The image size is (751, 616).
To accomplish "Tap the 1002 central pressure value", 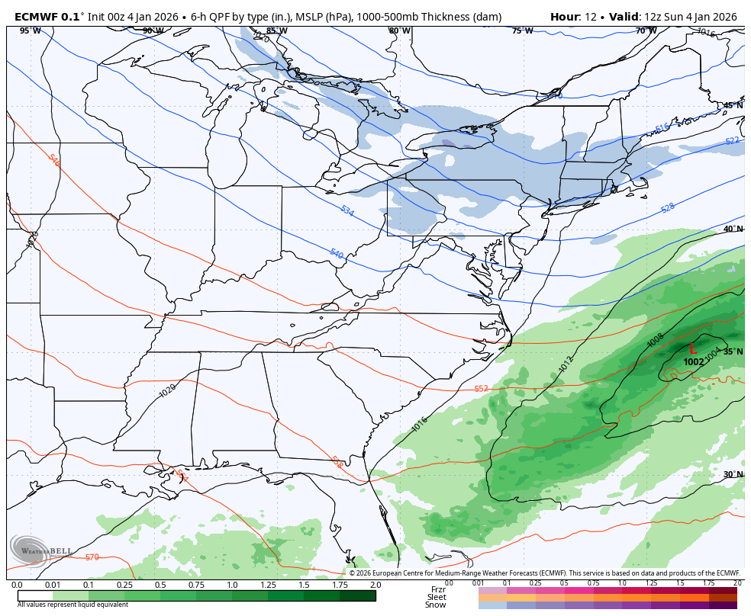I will coord(693,362).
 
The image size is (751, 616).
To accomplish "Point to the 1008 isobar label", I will coord(656,341).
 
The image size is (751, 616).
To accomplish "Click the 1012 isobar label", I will coord(566,364).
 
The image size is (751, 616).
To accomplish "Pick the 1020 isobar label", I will coord(167,391).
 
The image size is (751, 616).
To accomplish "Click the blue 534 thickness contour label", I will coord(347,211).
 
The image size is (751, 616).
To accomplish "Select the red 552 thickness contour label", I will coord(481,389).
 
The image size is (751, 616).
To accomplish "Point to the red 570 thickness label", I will coord(92,557).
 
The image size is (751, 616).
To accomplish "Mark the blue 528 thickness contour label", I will coord(668,207).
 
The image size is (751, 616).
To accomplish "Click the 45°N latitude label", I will coord(733,106).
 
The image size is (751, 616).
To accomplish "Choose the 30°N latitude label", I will coord(733,475).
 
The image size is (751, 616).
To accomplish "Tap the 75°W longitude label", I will coord(522,30).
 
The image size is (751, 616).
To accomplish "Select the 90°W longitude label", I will coord(153,30).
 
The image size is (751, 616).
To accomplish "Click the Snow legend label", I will coord(436,605).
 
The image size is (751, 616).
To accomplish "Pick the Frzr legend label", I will coord(437,589).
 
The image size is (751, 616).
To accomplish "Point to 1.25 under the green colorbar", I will coord(268,585).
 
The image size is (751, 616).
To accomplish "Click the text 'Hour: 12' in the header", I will coord(575,17).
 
